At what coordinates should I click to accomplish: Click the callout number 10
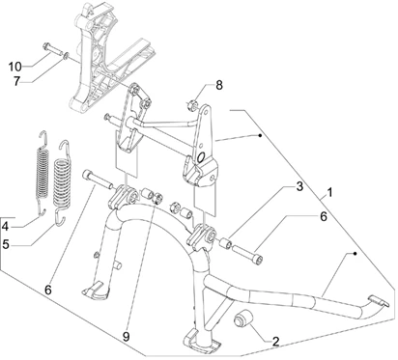14,67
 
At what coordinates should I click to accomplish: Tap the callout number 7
16,81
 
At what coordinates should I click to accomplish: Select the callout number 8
219,86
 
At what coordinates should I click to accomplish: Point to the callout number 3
299,186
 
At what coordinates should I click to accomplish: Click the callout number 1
329,193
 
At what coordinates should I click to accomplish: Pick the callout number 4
5,227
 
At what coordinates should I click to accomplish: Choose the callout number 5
6,244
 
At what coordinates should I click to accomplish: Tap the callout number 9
126,337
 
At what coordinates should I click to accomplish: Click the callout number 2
275,342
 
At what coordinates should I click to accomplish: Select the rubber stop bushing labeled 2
242,318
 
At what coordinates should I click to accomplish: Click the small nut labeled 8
191,105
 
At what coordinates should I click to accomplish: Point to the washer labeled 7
65,56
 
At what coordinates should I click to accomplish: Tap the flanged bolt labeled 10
51,50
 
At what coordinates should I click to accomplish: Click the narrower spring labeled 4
42,173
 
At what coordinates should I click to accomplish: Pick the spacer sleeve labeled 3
225,243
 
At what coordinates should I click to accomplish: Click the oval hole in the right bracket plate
201,156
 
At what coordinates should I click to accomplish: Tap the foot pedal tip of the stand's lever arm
380,301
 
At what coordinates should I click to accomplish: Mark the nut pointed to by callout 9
156,197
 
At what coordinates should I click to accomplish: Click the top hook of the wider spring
65,145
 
